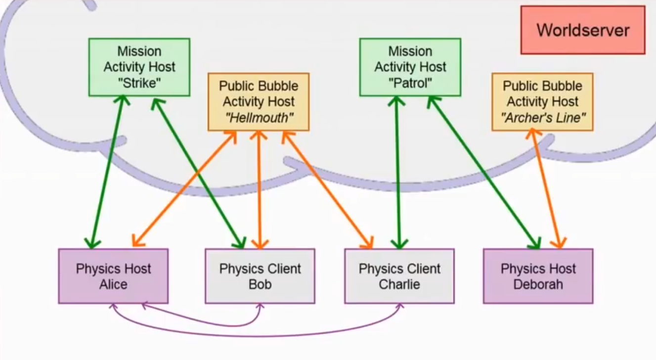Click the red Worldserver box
tap(583, 30)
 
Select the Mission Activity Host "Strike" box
tap(139, 67)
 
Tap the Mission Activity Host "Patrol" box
tap(410, 67)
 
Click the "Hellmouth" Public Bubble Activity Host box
tap(258, 102)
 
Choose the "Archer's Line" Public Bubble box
tap(542, 102)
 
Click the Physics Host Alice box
tap(113, 276)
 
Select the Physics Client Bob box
tap(260, 276)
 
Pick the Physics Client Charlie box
tap(399, 276)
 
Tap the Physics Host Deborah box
tap(538, 276)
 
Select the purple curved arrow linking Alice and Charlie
tap(257, 336)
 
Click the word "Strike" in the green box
tap(140, 83)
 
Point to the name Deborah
tap(538, 285)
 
